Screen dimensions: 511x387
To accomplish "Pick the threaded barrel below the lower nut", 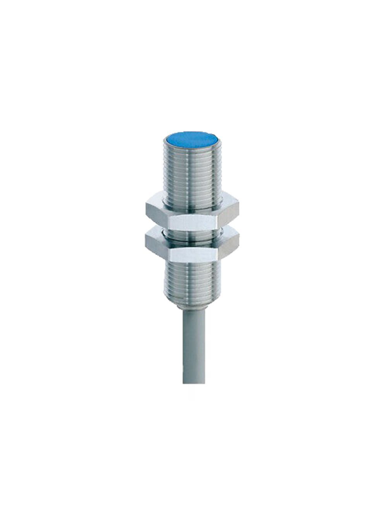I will tap(192, 279).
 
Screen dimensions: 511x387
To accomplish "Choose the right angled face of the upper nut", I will tap(228, 212).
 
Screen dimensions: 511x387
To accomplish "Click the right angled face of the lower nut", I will tap(228, 244).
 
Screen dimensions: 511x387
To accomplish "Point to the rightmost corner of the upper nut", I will tap(239, 211).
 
